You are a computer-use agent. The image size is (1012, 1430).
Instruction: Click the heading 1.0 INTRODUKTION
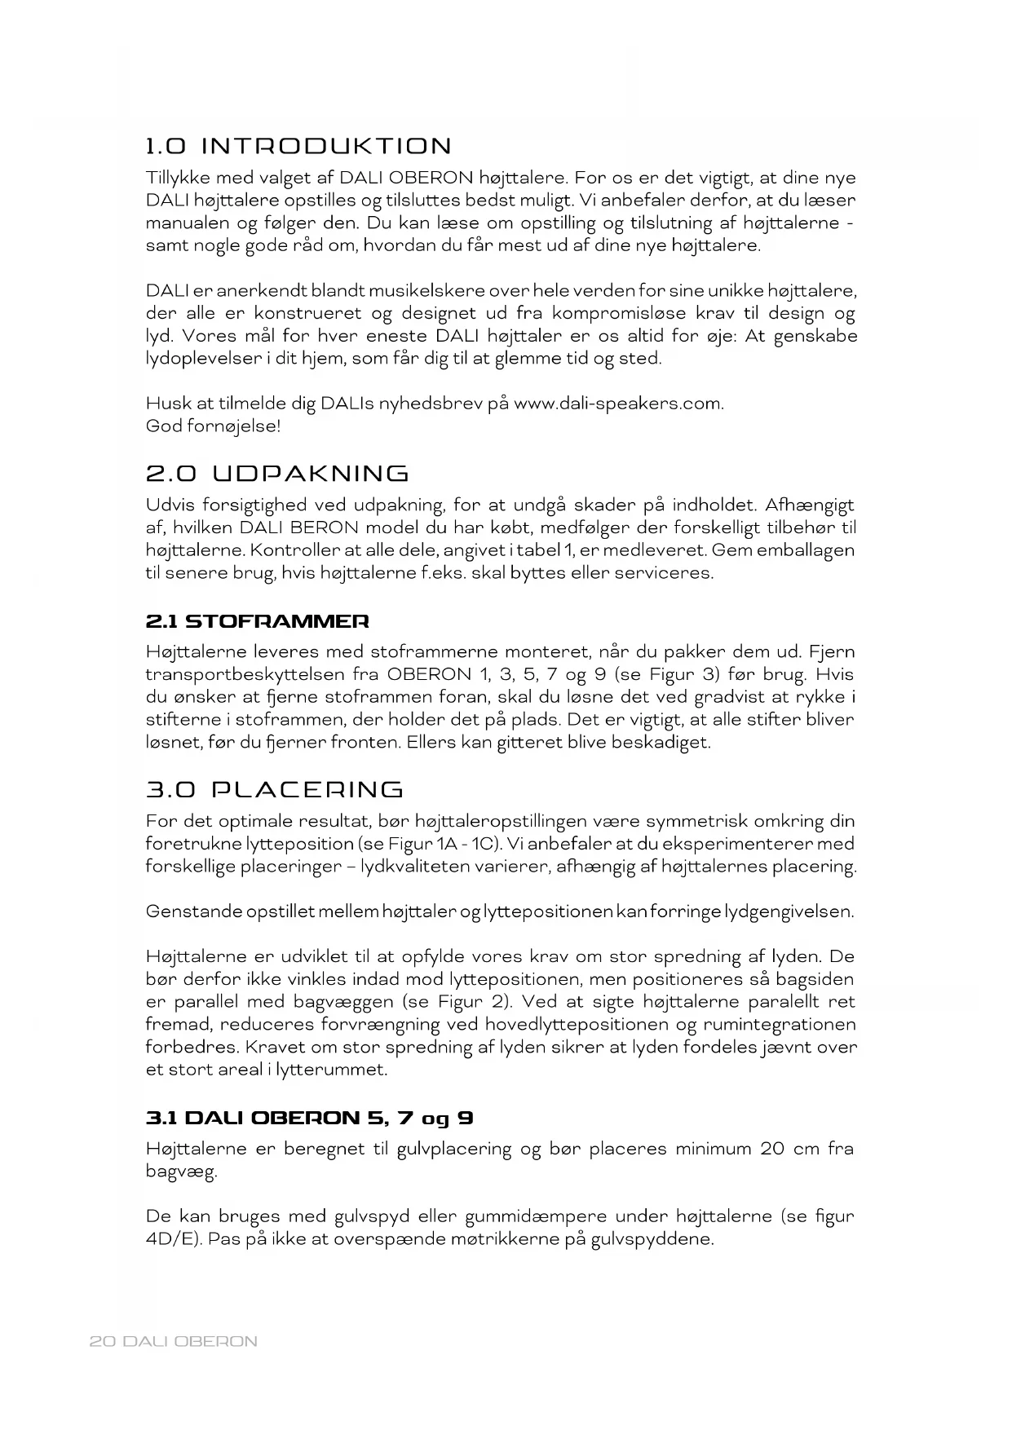click(298, 147)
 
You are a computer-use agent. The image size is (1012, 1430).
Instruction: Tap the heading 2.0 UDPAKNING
click(277, 474)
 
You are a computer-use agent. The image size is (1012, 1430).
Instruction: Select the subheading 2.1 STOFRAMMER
click(257, 621)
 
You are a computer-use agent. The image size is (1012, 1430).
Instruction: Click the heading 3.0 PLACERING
click(275, 790)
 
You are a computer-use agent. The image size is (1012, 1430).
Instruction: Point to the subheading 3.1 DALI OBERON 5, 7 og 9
click(310, 1118)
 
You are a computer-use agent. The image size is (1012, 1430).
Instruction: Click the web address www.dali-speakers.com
click(617, 403)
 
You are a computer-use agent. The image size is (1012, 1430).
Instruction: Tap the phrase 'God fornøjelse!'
click(213, 426)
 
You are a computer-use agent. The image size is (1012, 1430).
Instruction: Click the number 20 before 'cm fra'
click(771, 1150)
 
